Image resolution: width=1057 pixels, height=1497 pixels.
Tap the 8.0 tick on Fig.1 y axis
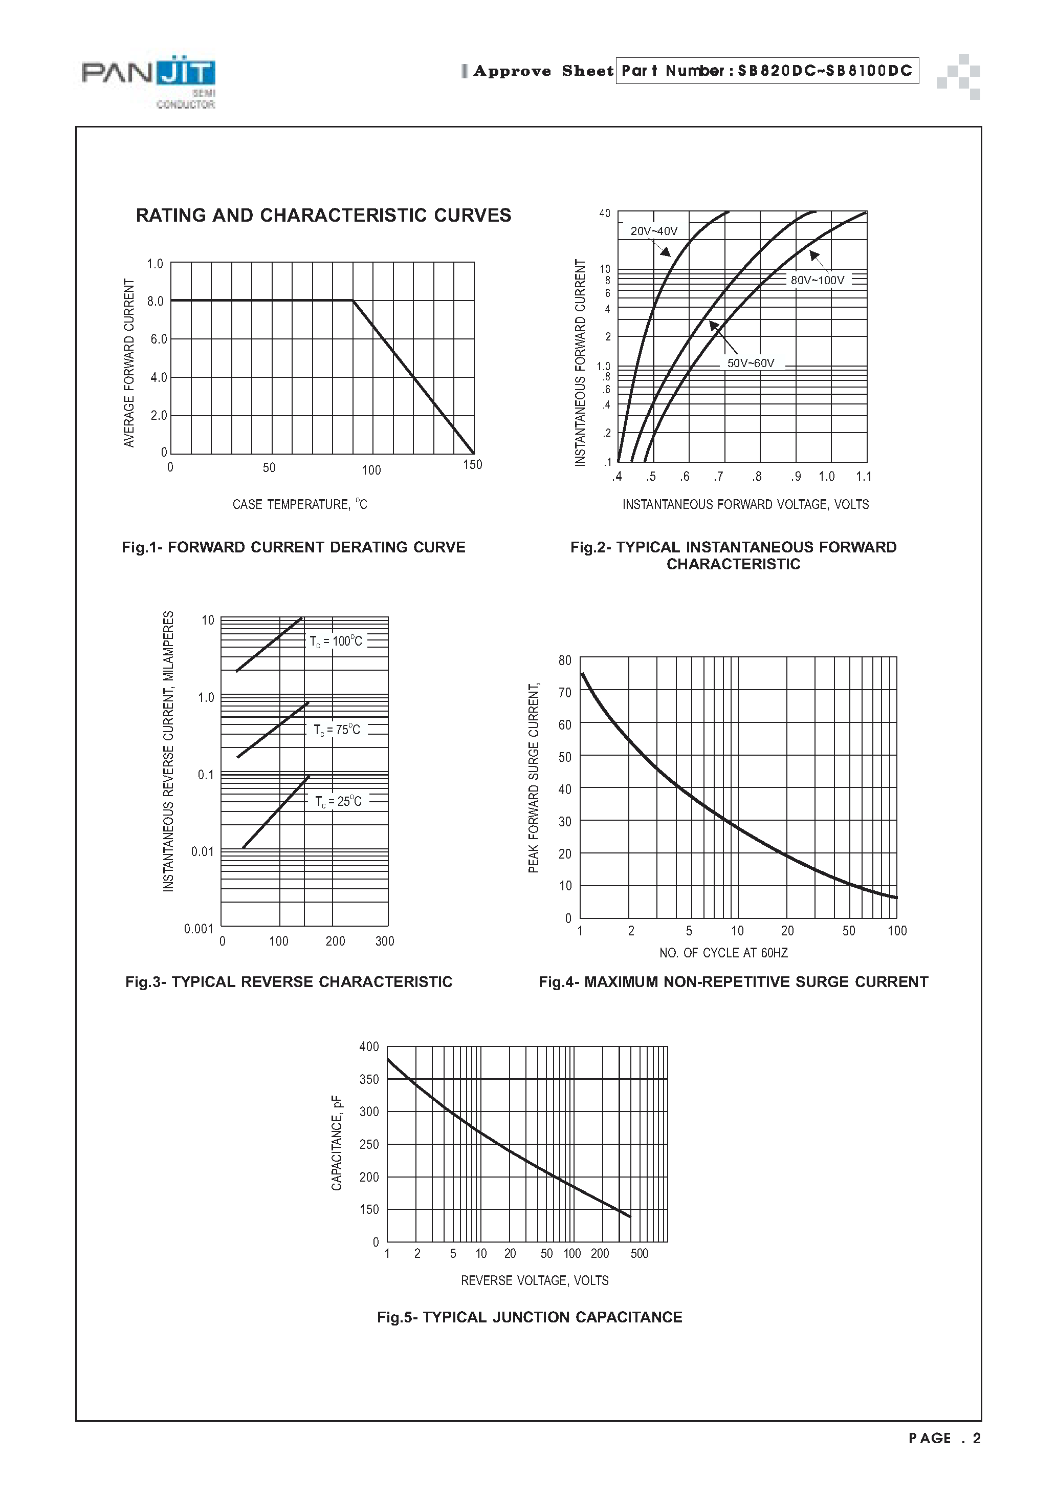tap(155, 301)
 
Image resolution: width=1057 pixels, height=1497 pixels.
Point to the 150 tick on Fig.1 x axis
tap(472, 465)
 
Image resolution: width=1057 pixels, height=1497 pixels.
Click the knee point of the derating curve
tap(353, 301)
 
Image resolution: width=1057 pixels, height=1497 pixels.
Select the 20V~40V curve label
tap(654, 231)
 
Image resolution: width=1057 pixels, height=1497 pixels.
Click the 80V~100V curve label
tap(817, 281)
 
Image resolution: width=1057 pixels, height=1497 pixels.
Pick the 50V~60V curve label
tap(751, 363)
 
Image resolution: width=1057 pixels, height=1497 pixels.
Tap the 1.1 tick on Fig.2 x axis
tap(864, 477)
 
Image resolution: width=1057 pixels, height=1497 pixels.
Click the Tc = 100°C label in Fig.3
tap(336, 641)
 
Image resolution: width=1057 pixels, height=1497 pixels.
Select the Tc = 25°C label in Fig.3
tap(338, 801)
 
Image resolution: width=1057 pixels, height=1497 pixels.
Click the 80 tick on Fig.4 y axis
tap(564, 660)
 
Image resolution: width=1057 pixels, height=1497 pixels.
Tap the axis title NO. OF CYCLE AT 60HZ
tap(723, 953)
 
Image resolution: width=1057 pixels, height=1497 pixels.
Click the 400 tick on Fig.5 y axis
tap(369, 1046)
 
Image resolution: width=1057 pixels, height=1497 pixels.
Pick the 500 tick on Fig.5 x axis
tap(640, 1254)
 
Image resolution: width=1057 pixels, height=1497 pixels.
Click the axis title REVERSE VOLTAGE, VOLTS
tap(534, 1280)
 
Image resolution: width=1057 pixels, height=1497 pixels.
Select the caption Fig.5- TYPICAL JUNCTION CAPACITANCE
tap(529, 1318)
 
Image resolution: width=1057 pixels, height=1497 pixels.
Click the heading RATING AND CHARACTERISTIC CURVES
tap(323, 216)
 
